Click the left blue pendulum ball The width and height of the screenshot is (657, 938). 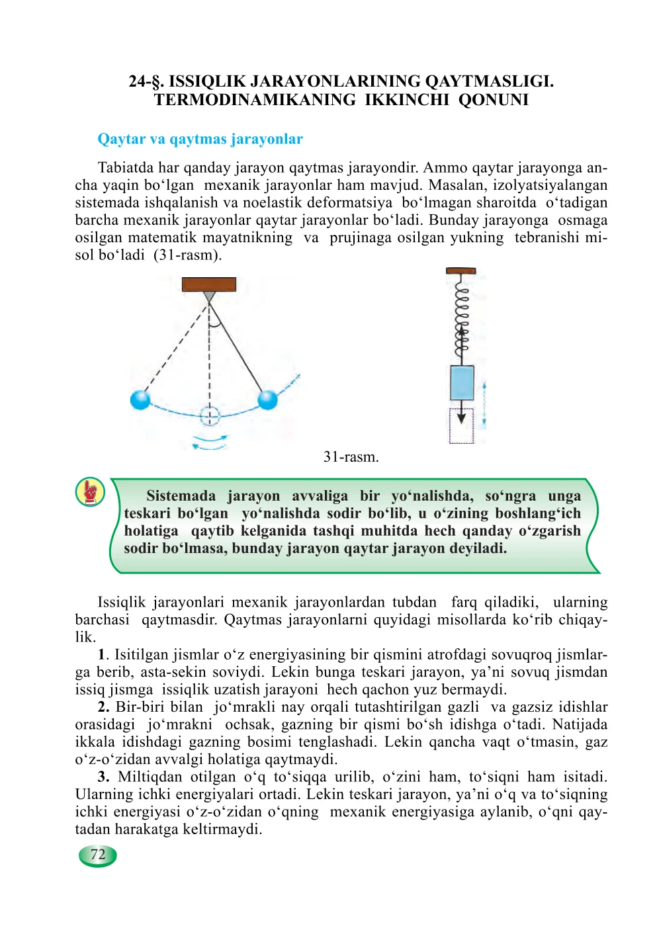140,400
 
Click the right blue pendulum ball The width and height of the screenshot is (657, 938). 267,400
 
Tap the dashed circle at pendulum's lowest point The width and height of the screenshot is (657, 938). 210,417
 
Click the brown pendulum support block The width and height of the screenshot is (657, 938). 209,284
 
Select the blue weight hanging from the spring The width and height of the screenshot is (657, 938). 462,382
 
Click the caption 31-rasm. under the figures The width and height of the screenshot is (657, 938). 351,457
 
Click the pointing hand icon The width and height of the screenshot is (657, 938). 91,492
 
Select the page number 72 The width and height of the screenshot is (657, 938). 98,855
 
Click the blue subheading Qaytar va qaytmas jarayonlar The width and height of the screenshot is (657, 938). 200,140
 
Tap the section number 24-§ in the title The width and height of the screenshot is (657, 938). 146,82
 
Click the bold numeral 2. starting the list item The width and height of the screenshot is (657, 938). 103,707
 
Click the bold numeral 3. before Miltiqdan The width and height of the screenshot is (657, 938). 103,777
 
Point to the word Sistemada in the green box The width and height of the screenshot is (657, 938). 181,496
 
